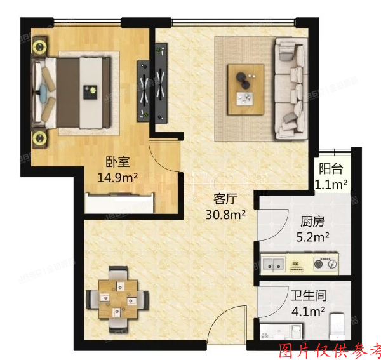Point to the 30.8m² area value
coord(226,214)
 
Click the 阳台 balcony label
coord(331,169)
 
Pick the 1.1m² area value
coord(331,185)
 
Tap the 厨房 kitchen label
coord(312,222)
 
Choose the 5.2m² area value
coord(312,237)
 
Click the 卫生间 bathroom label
coord(308,296)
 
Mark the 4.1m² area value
coord(308,312)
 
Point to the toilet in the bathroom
coord(337,325)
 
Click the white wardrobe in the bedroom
coord(120,203)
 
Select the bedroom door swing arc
coord(164,156)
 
